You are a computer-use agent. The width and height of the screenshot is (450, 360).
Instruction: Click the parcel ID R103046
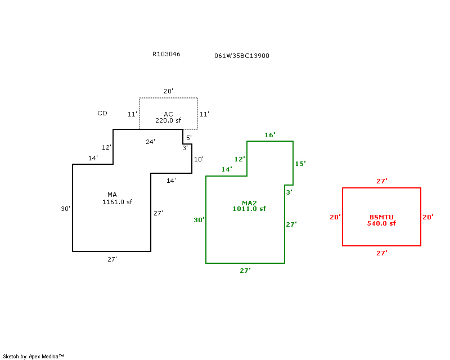(166, 54)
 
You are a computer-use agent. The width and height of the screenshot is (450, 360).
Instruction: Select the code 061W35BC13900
(242, 56)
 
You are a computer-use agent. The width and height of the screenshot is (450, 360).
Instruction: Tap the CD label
(102, 113)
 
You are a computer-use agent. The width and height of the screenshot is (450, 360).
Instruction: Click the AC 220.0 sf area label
(168, 118)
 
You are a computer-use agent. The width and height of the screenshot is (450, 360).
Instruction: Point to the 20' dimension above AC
(168, 91)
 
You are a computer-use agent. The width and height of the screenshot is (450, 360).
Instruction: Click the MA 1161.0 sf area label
(117, 199)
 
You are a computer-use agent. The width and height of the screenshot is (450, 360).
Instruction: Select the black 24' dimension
(150, 142)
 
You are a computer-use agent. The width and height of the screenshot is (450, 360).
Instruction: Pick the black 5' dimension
(189, 137)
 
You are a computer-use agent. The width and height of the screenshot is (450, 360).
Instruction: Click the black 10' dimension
(199, 159)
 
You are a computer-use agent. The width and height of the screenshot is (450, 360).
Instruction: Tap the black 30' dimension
(65, 209)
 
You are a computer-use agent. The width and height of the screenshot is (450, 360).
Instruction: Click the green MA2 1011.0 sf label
(249, 206)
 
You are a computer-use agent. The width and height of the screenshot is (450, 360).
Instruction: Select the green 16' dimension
(270, 135)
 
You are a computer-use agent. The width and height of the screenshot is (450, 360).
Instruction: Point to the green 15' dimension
(300, 164)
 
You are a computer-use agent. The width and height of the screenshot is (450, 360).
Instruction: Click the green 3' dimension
(289, 192)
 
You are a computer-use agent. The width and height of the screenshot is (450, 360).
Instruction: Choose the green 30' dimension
(199, 220)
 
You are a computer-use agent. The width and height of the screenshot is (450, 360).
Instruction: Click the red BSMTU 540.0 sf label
(381, 220)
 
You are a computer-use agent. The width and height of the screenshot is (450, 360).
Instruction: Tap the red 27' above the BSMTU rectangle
(382, 181)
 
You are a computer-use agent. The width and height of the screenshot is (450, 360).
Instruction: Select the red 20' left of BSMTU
(335, 217)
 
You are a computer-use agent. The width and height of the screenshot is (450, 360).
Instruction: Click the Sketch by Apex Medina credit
(33, 357)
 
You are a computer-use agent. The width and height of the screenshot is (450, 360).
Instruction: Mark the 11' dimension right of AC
(204, 114)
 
